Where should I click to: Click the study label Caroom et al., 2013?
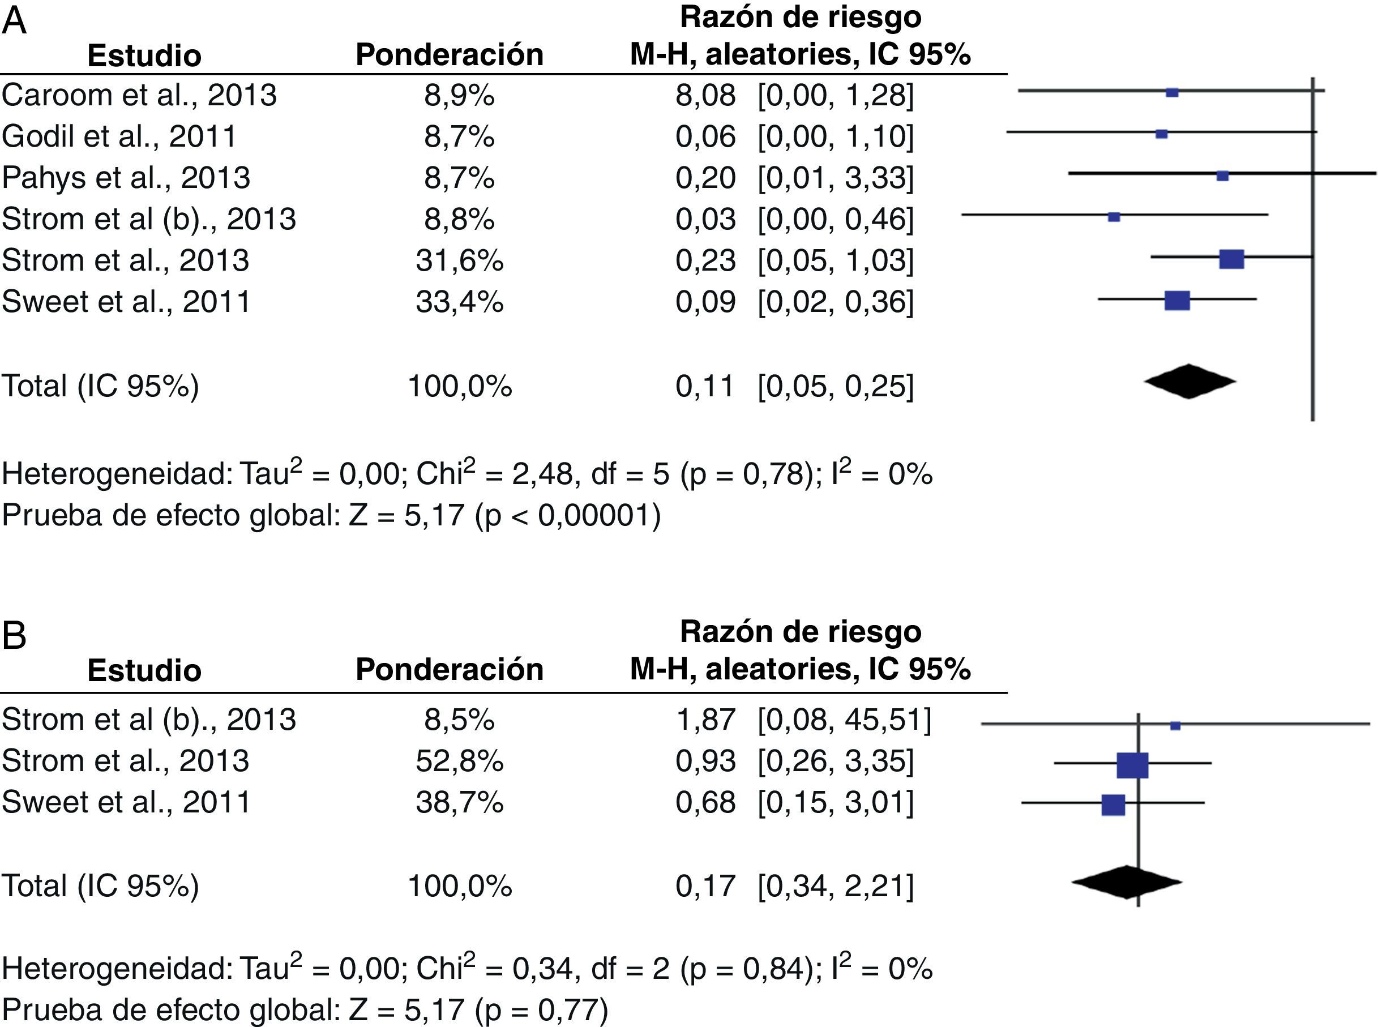tap(139, 95)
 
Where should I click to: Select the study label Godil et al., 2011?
tap(119, 136)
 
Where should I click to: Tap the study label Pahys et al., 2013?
tap(126, 178)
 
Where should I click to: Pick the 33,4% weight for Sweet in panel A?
tap(459, 302)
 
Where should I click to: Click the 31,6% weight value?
tap(459, 260)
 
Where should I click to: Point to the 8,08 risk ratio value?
tap(705, 95)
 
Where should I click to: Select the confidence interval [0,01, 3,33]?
tap(836, 178)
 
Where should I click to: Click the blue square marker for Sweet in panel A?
tap(1176, 300)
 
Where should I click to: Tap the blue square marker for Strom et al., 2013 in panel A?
tap(1231, 259)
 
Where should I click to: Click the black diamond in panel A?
tap(1189, 381)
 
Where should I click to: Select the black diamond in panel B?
tap(1126, 881)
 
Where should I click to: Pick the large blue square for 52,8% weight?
tap(1132, 765)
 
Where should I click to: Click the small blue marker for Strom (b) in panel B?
tap(1175, 725)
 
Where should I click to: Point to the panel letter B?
tap(14, 636)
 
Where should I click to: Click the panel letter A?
tap(14, 21)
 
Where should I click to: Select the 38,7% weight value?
tap(459, 802)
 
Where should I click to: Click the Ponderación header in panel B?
tap(450, 670)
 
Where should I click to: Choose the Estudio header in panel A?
tap(144, 55)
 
